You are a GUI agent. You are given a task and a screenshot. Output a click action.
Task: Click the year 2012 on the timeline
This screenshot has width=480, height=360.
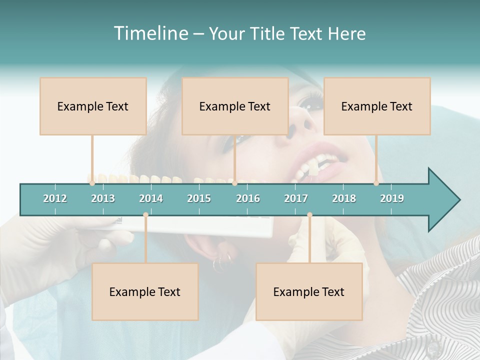click(x=55, y=198)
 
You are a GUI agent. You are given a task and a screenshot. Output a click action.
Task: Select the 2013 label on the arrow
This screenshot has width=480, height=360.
click(x=103, y=198)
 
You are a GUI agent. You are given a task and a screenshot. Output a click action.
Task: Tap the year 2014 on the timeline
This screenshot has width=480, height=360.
click(x=151, y=198)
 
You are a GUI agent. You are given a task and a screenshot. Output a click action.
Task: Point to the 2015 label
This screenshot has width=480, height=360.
click(x=199, y=198)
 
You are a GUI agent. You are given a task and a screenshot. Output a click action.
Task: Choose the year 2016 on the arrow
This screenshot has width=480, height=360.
click(x=248, y=198)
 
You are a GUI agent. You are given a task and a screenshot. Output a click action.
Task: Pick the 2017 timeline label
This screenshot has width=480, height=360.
click(x=296, y=198)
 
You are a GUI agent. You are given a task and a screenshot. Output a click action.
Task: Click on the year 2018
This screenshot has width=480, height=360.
click(x=344, y=198)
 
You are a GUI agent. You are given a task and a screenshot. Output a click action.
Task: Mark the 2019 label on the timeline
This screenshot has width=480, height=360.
click(x=392, y=198)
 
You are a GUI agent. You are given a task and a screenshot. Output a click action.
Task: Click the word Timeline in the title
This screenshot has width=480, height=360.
click(x=150, y=33)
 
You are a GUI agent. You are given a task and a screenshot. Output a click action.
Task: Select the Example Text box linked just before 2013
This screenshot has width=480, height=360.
click(x=93, y=106)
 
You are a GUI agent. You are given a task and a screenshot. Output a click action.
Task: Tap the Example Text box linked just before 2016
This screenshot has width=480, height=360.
click(x=235, y=106)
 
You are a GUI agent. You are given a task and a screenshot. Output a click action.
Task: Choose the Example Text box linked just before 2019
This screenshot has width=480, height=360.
click(x=377, y=106)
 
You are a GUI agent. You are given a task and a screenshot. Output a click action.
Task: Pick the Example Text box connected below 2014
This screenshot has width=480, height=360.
click(x=145, y=291)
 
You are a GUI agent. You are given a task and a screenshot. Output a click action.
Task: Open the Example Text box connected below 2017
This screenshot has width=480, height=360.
click(x=309, y=291)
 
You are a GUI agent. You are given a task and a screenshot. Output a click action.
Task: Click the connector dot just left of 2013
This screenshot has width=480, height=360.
click(x=92, y=183)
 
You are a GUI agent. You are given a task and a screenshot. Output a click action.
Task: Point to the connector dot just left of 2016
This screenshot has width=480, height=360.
click(x=235, y=183)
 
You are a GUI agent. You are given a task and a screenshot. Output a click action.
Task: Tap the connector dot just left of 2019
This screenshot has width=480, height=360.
click(x=376, y=183)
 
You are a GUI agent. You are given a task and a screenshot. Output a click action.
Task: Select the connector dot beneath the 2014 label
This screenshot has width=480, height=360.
click(x=145, y=215)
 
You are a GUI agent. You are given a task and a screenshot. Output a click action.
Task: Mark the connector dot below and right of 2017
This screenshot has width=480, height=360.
click(x=309, y=215)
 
